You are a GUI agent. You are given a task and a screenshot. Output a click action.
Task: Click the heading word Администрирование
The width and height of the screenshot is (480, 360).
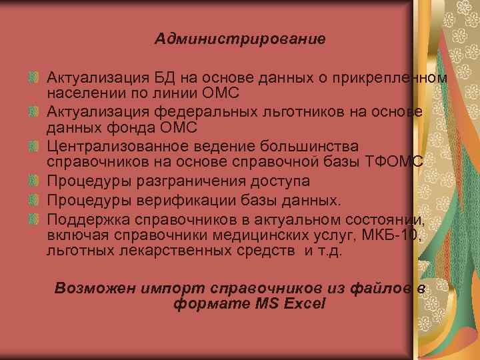tap(240, 39)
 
